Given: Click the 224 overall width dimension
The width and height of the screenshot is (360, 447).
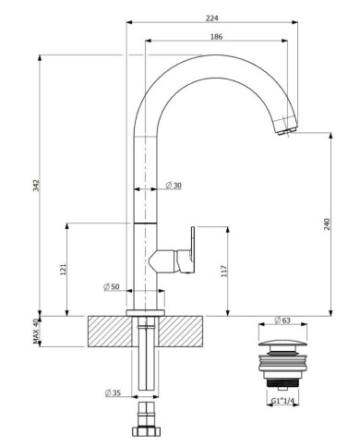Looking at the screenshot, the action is click(211, 18).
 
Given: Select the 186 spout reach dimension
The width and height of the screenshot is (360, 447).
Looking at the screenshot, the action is click(216, 37).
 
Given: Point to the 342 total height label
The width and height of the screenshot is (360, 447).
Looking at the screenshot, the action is click(37, 185).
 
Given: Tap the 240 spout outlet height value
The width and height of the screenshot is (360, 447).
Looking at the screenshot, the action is click(327, 224).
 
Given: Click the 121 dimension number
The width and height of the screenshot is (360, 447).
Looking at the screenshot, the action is click(63, 270).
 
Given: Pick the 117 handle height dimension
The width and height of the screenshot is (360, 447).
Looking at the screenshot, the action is click(224, 271).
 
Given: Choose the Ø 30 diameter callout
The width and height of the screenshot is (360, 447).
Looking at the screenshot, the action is click(174, 186).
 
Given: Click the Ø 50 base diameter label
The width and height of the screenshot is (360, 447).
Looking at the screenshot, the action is click(112, 286).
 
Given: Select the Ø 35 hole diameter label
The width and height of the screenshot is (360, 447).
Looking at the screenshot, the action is click(113, 393).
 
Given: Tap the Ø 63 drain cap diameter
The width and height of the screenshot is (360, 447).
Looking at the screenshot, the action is click(282, 320).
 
